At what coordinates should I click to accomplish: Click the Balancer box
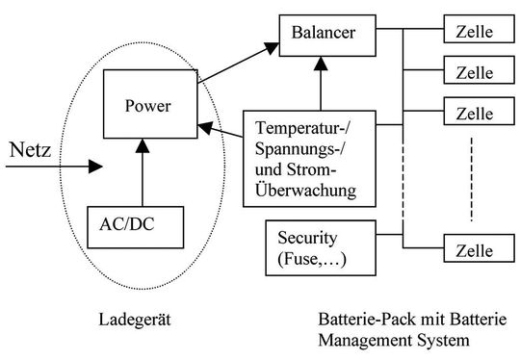[318, 36]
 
